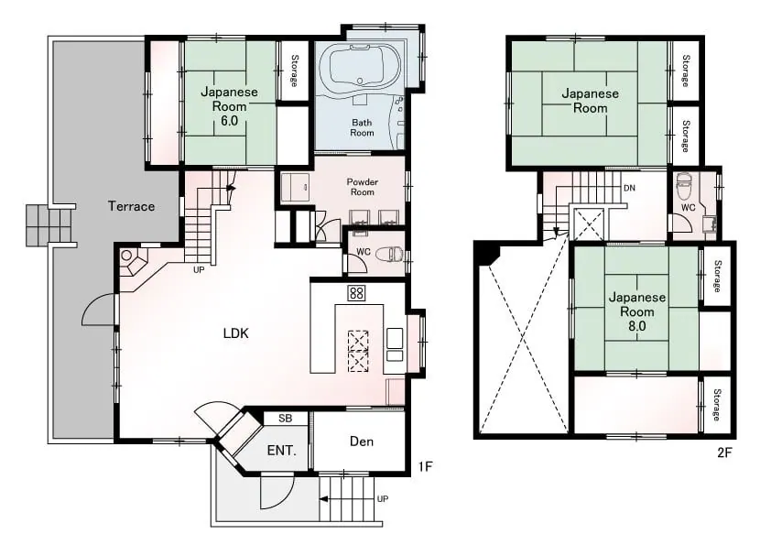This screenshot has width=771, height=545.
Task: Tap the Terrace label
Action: [x=131, y=206]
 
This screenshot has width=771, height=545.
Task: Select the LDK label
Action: [x=236, y=333]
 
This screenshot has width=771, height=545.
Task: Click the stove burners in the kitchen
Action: [x=356, y=293]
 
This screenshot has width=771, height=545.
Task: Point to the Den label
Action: [x=362, y=441]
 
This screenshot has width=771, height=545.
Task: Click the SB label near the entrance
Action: [x=285, y=418]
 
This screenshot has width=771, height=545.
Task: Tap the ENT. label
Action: [x=281, y=451]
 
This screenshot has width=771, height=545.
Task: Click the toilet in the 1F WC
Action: [x=389, y=255]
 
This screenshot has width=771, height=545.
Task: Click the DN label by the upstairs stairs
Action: [x=629, y=188]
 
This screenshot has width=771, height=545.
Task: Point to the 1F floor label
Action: [x=425, y=466]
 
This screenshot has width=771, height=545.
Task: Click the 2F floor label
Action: [x=724, y=452]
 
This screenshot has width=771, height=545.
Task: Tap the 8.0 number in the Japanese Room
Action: [x=636, y=325]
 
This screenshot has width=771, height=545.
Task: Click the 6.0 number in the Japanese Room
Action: [x=229, y=121]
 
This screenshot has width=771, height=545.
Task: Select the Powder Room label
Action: [x=363, y=187]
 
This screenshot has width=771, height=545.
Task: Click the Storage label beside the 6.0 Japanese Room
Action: [x=294, y=71]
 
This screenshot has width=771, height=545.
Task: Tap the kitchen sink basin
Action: [x=394, y=338]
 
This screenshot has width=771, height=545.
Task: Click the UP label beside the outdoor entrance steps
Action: [x=383, y=499]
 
